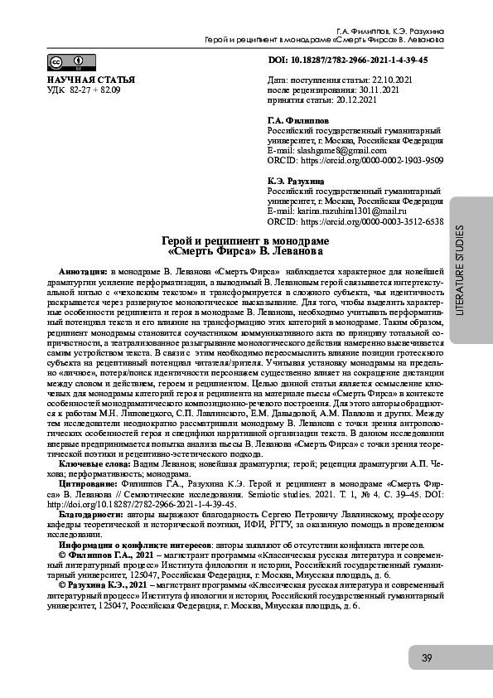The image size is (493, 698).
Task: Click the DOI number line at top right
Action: pos(348,61)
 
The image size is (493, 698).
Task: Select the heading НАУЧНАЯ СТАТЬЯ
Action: pos(81,80)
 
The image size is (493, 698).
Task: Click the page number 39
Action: pos(427,658)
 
